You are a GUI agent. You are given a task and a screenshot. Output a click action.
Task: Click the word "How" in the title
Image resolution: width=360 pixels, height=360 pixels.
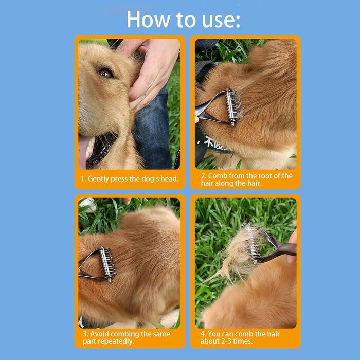click(148, 20)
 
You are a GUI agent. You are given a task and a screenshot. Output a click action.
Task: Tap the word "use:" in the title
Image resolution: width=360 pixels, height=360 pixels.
click(221, 21)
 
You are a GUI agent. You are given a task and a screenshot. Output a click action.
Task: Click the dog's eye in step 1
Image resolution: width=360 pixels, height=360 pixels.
click(105, 73)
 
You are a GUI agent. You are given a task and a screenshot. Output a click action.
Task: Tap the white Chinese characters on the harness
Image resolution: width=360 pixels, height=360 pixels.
click(212, 143)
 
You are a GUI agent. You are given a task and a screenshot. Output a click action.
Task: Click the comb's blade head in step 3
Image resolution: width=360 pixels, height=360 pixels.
click(107, 264)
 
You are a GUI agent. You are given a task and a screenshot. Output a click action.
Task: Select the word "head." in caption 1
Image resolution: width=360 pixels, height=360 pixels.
click(169, 178)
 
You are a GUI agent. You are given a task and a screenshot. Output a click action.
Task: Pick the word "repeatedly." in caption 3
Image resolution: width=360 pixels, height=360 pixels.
click(119, 341)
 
